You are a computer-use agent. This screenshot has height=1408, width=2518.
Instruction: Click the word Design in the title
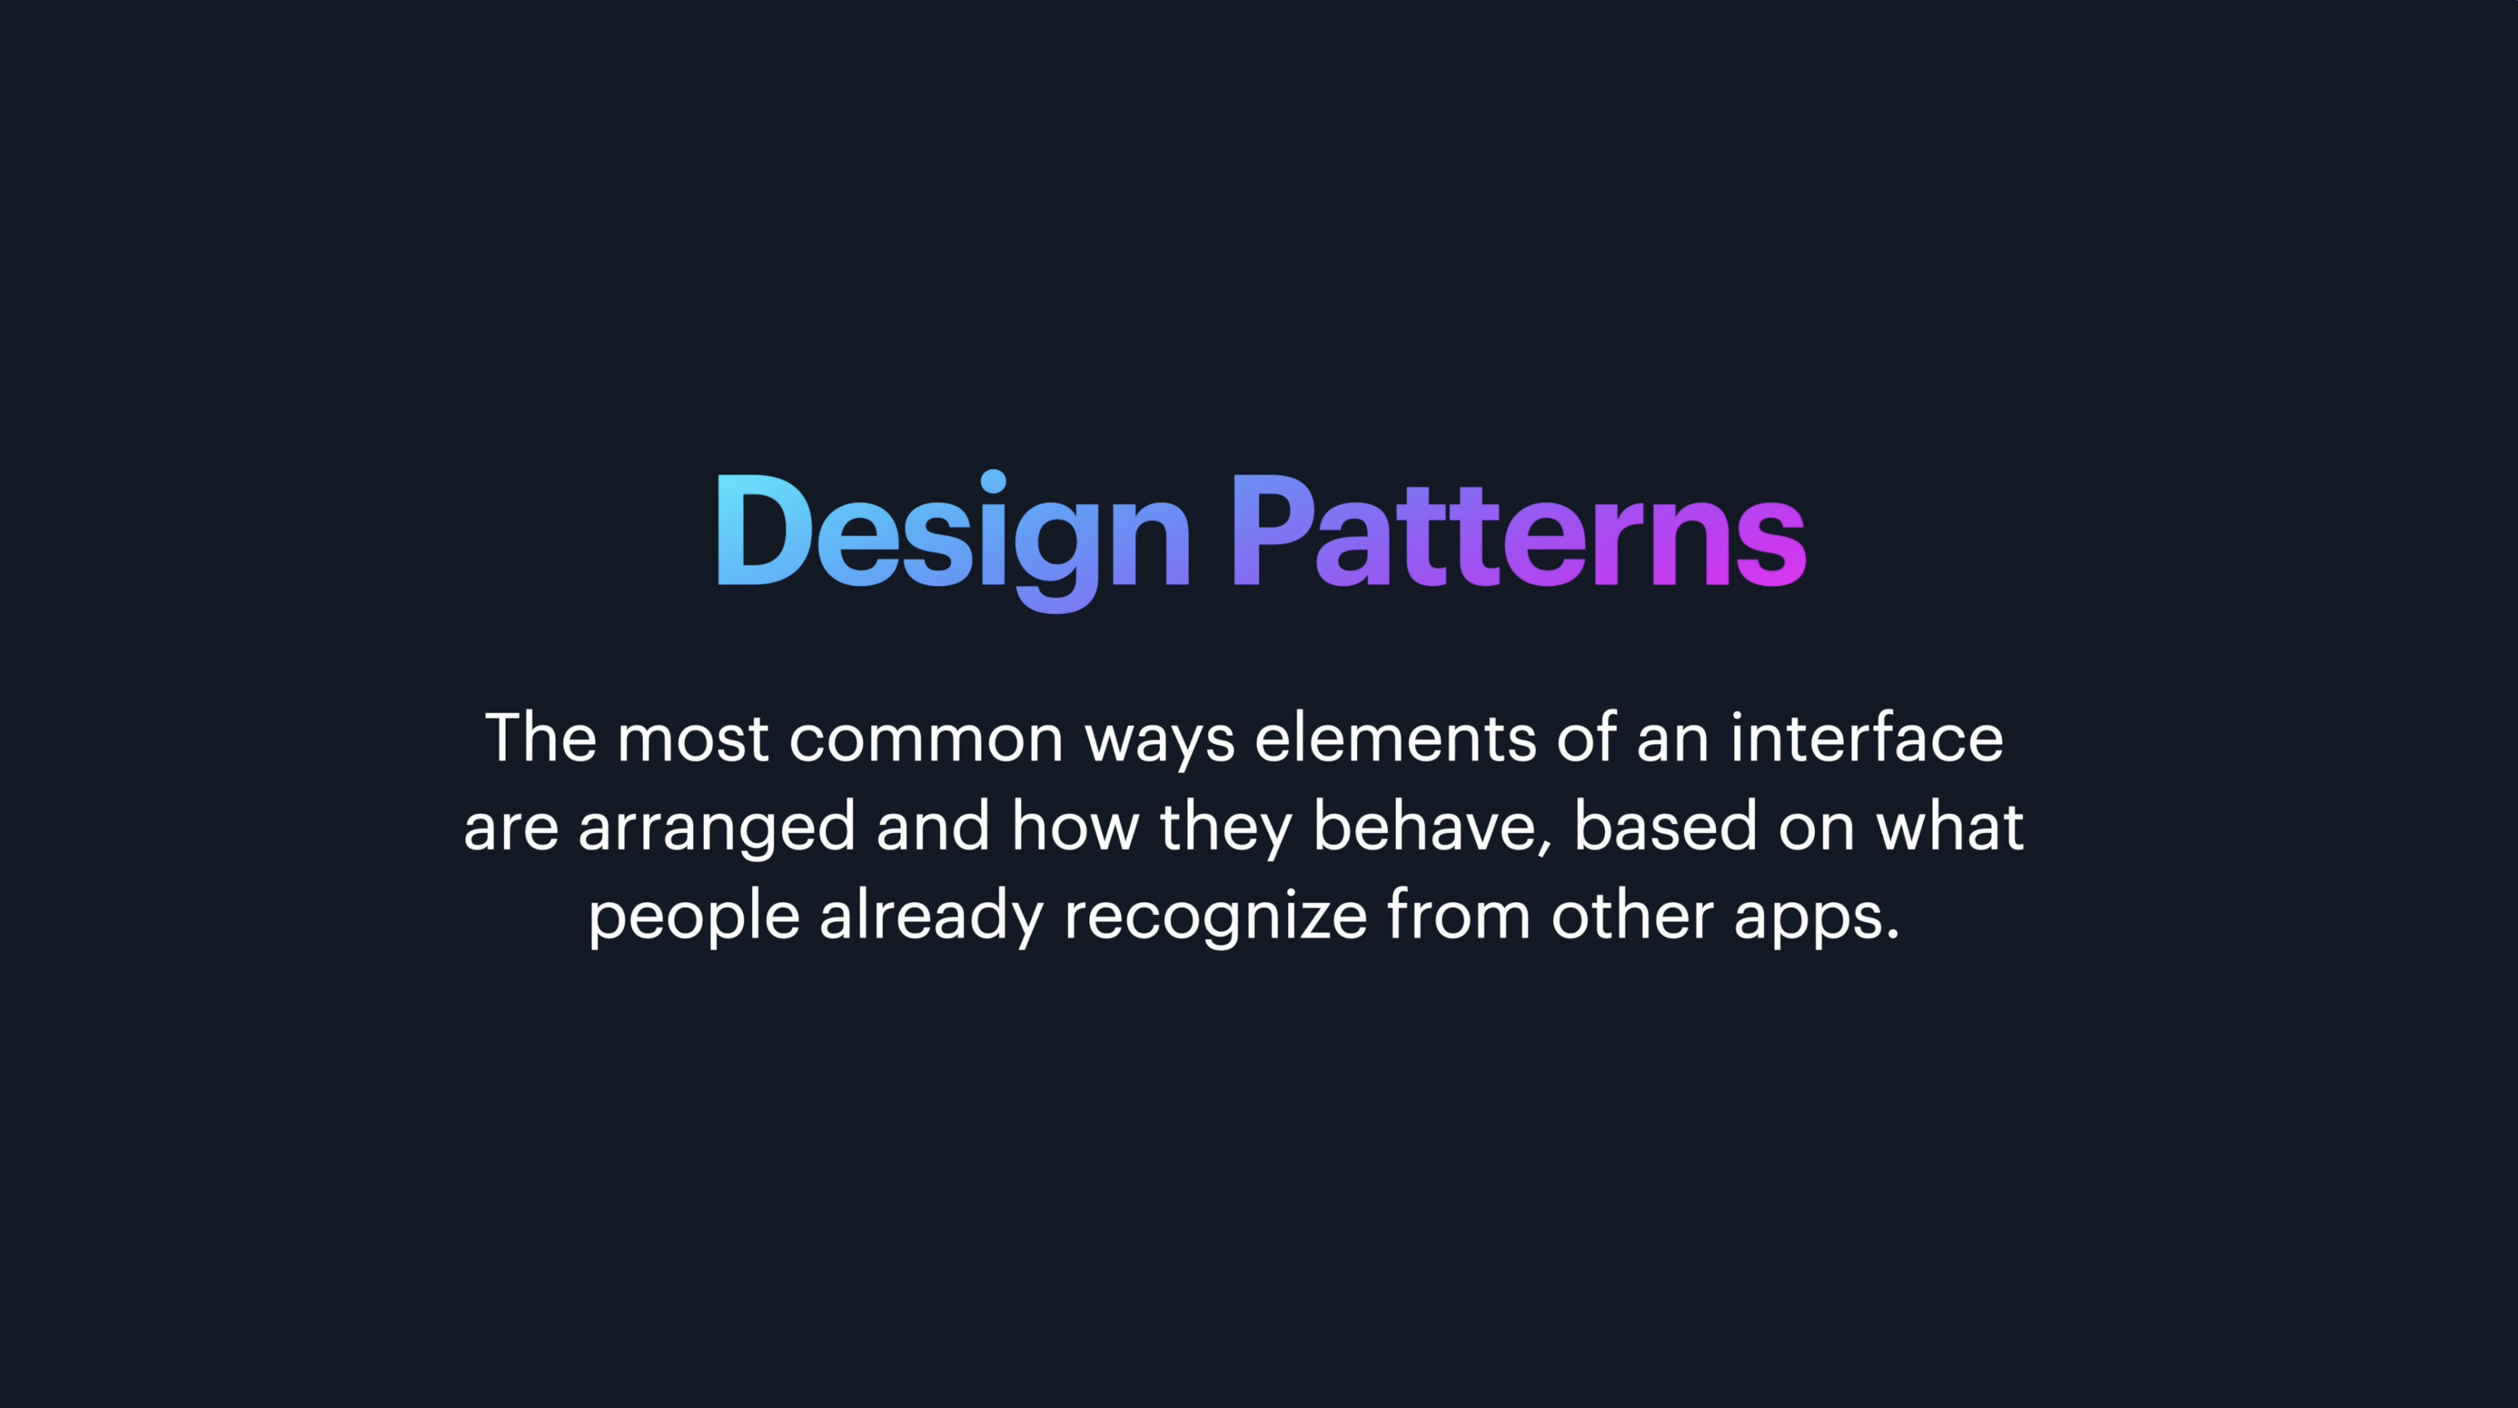point(954,541)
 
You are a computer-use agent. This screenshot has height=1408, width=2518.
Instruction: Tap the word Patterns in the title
point(1518,531)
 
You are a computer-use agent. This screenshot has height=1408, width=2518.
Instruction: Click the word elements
point(1395,737)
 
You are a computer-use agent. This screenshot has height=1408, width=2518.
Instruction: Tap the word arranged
point(717,829)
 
